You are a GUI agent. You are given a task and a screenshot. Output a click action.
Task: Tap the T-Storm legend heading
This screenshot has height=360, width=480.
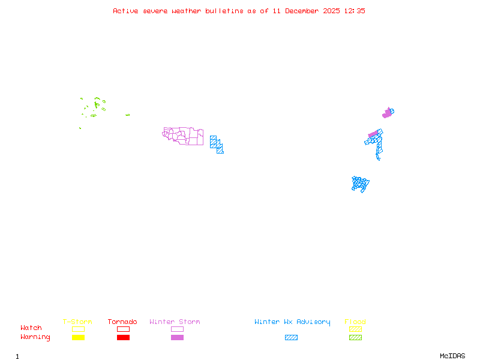77,322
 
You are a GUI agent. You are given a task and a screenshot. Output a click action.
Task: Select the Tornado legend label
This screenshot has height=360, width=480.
122,322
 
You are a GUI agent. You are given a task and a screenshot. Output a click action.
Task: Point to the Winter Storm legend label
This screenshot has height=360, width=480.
175,322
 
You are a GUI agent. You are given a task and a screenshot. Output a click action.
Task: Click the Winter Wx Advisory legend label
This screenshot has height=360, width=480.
292,322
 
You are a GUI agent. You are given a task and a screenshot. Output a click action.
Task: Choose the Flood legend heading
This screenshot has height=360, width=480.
355,322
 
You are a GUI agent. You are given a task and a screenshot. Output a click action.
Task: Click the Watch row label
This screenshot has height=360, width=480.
31,328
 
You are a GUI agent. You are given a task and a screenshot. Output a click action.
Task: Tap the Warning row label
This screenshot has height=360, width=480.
35,337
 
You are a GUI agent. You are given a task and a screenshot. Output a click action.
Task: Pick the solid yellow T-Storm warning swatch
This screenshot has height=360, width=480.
78,338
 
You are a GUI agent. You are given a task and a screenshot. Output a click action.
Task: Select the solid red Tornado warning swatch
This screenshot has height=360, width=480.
123,338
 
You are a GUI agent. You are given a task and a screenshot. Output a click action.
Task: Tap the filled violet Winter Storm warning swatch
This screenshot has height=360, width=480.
177,338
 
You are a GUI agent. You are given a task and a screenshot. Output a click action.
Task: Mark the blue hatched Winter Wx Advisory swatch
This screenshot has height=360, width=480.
291,338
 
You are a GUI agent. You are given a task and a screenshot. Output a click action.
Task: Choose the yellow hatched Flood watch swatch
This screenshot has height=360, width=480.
355,329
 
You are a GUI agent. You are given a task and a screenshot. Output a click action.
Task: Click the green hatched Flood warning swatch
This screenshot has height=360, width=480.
355,338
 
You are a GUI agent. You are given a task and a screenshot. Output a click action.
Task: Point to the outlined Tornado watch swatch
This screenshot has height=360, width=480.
123,329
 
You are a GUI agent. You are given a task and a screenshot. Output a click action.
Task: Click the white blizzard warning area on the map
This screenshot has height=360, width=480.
382,160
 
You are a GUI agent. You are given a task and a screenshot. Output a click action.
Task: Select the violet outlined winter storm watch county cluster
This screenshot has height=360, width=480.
183,136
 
